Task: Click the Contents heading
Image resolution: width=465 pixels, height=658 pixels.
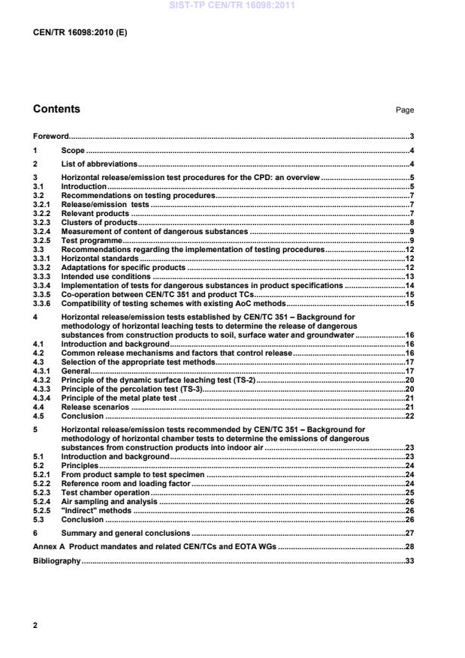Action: pos(56,110)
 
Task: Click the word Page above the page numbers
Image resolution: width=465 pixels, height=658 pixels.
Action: pos(405,110)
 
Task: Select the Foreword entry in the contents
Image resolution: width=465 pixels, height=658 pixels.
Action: pos(50,137)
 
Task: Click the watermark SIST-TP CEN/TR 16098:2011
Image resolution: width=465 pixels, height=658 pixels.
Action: pos(232,5)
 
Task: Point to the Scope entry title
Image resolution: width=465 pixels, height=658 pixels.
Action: pos(72,151)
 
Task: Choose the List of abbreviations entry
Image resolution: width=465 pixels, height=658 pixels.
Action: pos(99,164)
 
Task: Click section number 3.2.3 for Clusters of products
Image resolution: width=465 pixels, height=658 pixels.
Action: pos(43,224)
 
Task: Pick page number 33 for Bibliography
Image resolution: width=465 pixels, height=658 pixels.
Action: pos(410,561)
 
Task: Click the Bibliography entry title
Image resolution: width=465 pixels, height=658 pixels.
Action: pos(56,561)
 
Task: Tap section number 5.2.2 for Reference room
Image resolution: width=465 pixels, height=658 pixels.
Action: pos(43,484)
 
